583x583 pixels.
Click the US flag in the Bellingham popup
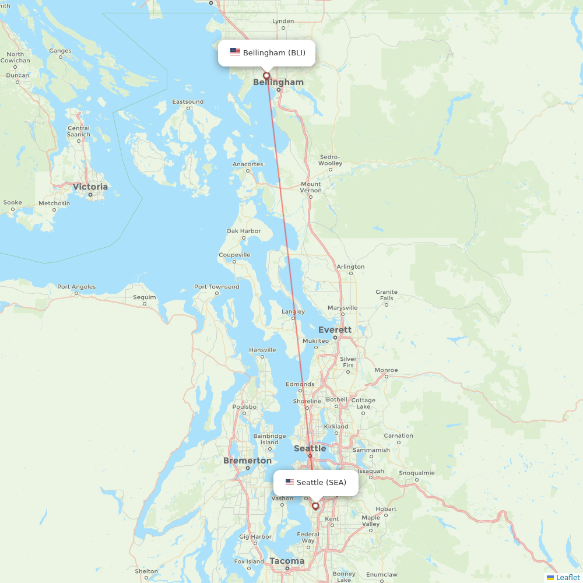235,52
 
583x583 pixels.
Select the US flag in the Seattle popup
290,482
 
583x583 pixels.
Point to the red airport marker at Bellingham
266,76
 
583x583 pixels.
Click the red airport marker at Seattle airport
315,506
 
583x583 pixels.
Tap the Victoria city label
90,187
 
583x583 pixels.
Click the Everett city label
335,330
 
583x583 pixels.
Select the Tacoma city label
287,561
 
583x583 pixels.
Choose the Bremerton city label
247,461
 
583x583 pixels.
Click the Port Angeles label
76,287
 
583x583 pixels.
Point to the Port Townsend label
216,287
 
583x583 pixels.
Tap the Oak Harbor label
244,231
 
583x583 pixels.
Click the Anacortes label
248,164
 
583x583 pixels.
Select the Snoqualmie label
416,473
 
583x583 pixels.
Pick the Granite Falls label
387,295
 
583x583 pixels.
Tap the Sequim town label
145,297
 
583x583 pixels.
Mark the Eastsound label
188,102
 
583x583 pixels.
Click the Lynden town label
283,22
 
